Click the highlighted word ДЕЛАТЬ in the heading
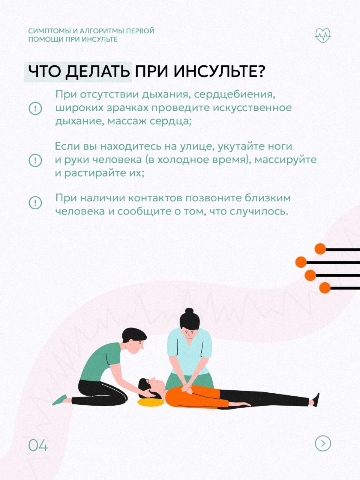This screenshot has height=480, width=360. pyautogui.click(x=97, y=72)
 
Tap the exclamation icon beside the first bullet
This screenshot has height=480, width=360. pyautogui.click(x=35, y=108)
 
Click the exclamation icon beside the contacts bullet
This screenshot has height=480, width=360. pyautogui.click(x=35, y=202)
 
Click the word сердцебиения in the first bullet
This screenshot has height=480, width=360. pyautogui.click(x=234, y=95)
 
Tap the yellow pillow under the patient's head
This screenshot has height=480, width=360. pyautogui.click(x=151, y=402)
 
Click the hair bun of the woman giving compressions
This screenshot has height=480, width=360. pyautogui.click(x=189, y=311)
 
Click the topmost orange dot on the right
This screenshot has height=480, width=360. pyautogui.click(x=320, y=249)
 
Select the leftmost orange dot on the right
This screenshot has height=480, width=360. pyautogui.click(x=301, y=262)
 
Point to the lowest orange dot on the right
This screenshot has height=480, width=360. pyautogui.click(x=325, y=288)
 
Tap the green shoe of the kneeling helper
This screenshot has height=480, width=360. pyautogui.click(x=60, y=400)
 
